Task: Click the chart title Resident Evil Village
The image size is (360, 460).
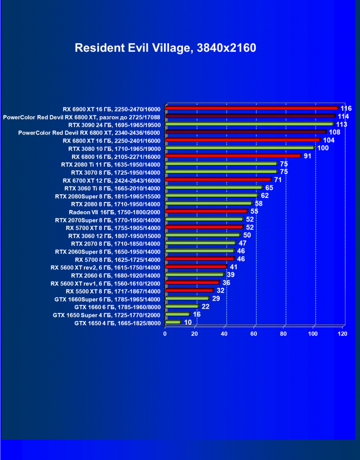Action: click(x=165, y=48)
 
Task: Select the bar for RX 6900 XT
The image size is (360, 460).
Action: click(x=251, y=108)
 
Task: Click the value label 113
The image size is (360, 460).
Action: click(x=342, y=124)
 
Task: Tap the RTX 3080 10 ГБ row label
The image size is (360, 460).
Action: click(x=114, y=149)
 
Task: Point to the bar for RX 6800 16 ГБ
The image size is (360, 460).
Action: click(x=233, y=155)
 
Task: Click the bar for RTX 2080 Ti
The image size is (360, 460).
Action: click(x=221, y=164)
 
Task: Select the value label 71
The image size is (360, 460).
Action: click(x=278, y=180)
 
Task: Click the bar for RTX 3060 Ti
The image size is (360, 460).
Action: click(x=213, y=188)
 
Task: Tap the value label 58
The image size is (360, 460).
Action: click(x=259, y=203)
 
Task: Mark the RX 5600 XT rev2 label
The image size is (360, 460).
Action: click(x=105, y=267)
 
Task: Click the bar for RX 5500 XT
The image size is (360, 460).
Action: click(x=189, y=290)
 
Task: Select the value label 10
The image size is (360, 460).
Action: click(x=188, y=322)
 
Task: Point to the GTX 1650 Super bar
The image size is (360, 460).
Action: click(x=177, y=314)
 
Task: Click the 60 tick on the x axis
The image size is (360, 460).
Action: click(x=254, y=333)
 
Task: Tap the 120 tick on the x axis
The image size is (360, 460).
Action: click(x=343, y=333)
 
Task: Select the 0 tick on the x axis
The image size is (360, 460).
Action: click(x=165, y=333)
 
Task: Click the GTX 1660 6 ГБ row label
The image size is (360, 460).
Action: click(x=117, y=307)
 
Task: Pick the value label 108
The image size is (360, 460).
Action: click(x=334, y=132)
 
